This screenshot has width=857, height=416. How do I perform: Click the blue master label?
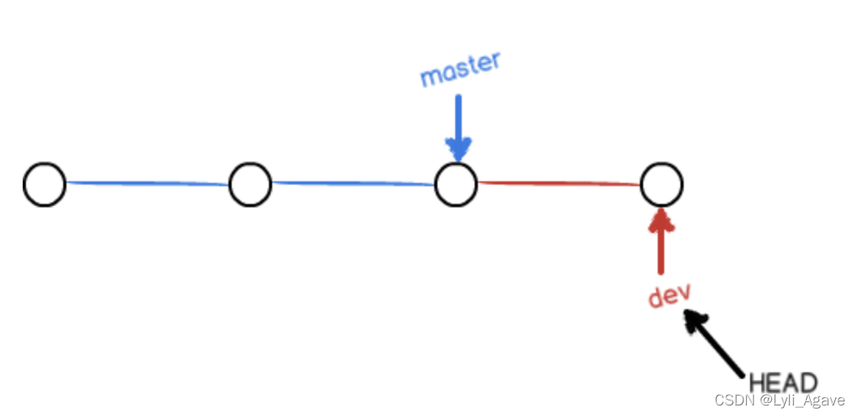(460, 70)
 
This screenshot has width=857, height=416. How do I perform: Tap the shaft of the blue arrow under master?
(458, 117)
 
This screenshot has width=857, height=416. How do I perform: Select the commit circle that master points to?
(455, 185)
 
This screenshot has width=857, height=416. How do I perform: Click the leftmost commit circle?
(45, 185)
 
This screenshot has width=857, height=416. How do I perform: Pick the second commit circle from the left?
(249, 185)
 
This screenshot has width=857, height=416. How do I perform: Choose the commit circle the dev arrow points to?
(661, 185)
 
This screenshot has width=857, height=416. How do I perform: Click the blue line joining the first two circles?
(147, 184)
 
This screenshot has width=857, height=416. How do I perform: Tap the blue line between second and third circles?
(352, 184)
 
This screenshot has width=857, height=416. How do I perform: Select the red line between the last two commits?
(558, 184)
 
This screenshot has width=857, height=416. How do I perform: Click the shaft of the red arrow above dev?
(663, 251)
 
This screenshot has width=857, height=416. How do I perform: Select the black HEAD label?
(782, 383)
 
